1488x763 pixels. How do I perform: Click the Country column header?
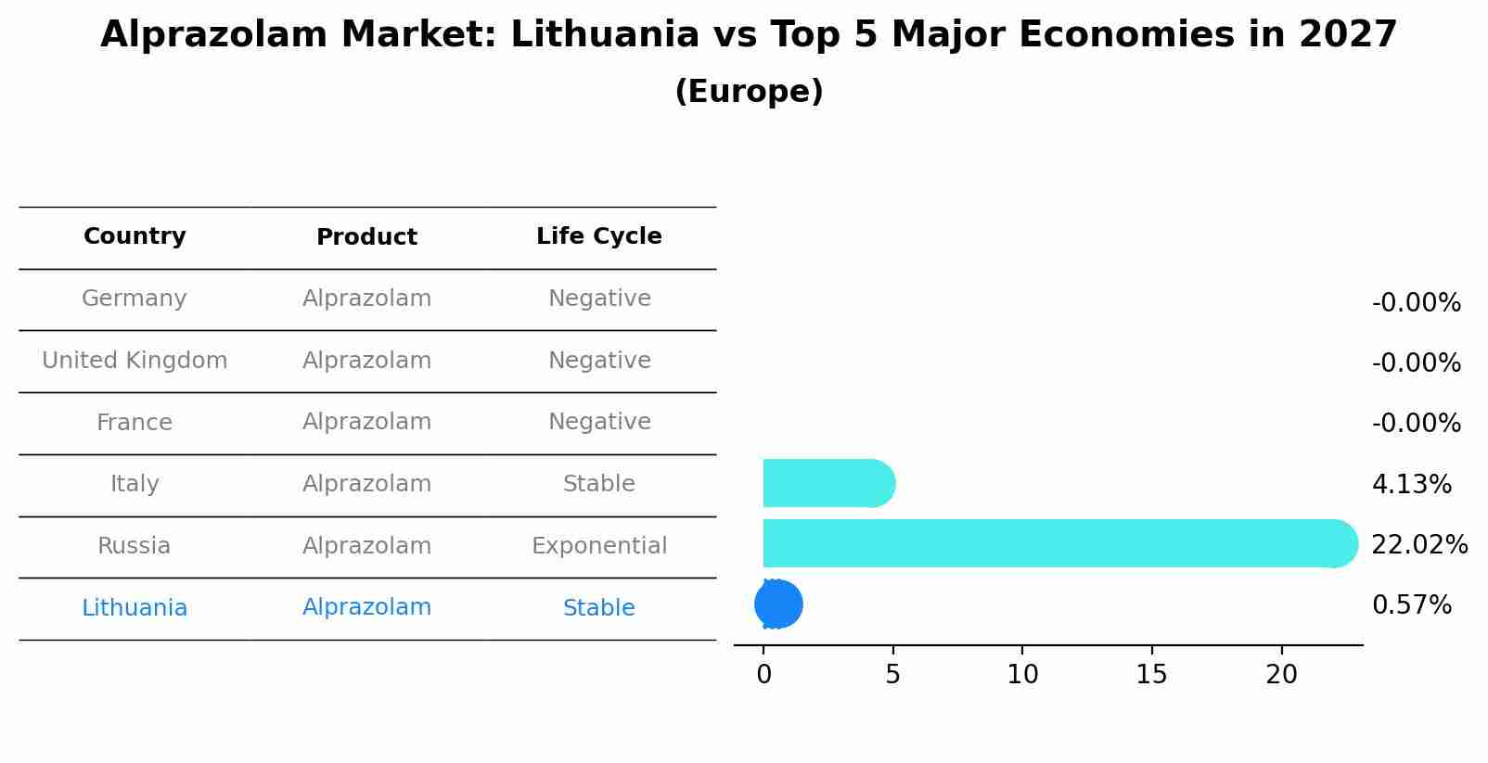click(x=135, y=236)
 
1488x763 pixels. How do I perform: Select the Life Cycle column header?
click(x=599, y=236)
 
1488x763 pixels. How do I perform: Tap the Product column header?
click(x=366, y=237)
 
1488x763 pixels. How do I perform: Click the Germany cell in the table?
click(x=135, y=299)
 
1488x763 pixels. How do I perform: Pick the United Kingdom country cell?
click(x=135, y=361)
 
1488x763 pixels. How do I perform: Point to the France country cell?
click(x=135, y=423)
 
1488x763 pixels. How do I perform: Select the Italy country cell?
click(x=135, y=484)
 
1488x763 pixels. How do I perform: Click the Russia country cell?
click(x=135, y=546)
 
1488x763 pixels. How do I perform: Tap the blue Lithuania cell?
click(x=135, y=608)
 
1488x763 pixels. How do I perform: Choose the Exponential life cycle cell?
click(x=599, y=546)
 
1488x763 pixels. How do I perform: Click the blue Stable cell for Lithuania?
click(x=599, y=608)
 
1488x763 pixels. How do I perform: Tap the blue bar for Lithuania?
click(x=778, y=604)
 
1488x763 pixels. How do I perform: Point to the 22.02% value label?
click(x=1419, y=545)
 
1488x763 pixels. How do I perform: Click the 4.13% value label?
click(x=1411, y=485)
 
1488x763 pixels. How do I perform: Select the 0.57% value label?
click(x=1411, y=605)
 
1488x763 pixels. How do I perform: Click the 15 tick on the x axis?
click(x=1152, y=675)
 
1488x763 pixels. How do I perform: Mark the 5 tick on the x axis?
click(x=892, y=675)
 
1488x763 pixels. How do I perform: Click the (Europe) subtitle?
click(x=749, y=92)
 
